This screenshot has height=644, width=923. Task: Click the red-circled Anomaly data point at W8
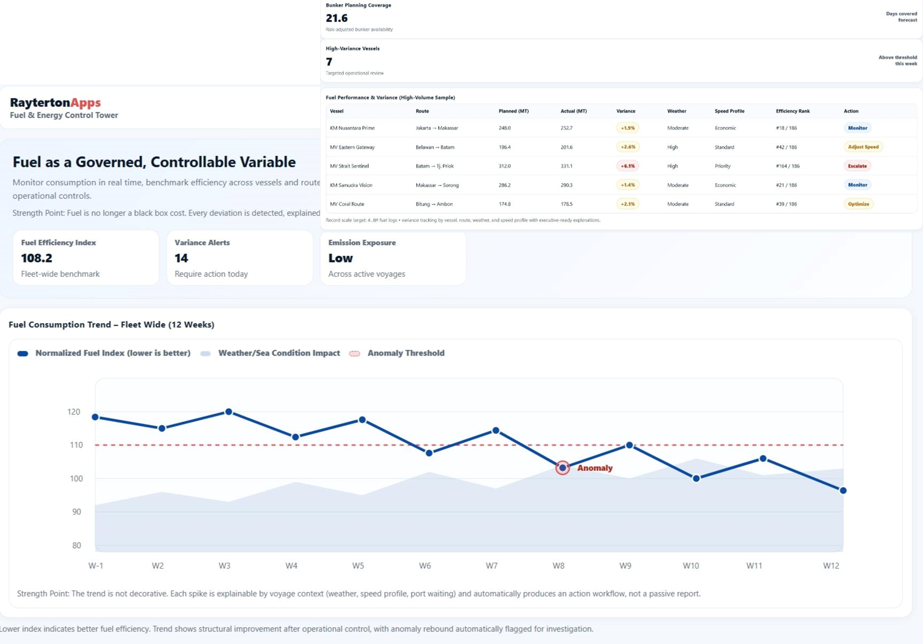click(x=562, y=467)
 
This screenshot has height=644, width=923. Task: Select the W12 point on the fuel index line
click(x=843, y=490)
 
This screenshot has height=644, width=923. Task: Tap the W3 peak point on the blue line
click(x=228, y=411)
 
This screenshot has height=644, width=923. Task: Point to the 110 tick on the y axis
click(x=76, y=445)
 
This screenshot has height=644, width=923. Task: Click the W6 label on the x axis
click(x=424, y=566)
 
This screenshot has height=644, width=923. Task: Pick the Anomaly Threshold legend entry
click(x=405, y=353)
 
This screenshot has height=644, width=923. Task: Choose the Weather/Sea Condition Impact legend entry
click(x=279, y=353)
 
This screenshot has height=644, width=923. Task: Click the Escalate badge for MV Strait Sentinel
click(x=857, y=166)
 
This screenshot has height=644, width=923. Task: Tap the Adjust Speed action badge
click(x=863, y=147)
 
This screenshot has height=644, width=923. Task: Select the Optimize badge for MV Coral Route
click(x=858, y=204)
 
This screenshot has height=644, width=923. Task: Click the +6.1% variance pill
click(x=627, y=166)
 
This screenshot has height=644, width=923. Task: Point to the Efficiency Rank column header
click(x=792, y=111)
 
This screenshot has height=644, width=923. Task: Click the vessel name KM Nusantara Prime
click(x=352, y=128)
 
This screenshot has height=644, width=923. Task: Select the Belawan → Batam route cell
click(x=435, y=147)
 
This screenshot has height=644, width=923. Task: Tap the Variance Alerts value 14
click(x=181, y=258)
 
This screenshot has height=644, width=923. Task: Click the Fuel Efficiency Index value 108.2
click(x=37, y=258)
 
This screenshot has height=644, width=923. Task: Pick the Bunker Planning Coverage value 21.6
click(x=337, y=18)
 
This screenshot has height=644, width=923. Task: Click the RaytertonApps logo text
click(x=56, y=102)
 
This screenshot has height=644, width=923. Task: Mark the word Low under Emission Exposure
click(x=341, y=258)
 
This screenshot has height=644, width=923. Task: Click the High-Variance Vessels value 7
click(x=329, y=61)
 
